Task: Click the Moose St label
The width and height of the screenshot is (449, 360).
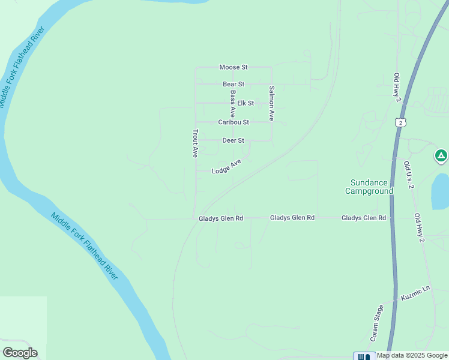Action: (x=234, y=67)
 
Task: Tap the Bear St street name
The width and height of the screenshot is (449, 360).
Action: (x=234, y=84)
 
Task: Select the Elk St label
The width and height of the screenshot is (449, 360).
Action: (x=246, y=103)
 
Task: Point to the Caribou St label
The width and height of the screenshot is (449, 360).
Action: (x=234, y=122)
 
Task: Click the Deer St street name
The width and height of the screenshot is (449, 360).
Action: (x=234, y=140)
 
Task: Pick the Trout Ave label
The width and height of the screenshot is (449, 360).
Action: (x=195, y=143)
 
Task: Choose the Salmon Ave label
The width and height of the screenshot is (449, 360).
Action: (x=271, y=103)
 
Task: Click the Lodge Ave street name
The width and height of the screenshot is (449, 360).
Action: (x=226, y=167)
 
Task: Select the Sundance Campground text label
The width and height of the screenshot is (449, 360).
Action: (x=369, y=187)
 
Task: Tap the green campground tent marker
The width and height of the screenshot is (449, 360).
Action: (x=441, y=157)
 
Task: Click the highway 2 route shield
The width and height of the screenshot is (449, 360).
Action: (x=401, y=122)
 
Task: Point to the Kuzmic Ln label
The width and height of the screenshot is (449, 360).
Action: (x=416, y=293)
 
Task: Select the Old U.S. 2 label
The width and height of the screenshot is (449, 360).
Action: (x=409, y=175)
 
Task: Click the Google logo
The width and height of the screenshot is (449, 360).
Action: (x=20, y=353)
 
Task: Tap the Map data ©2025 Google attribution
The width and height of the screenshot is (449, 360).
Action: (x=412, y=356)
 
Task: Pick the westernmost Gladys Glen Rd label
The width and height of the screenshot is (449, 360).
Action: (x=221, y=219)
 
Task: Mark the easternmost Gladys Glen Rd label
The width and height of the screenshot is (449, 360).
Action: (x=364, y=218)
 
